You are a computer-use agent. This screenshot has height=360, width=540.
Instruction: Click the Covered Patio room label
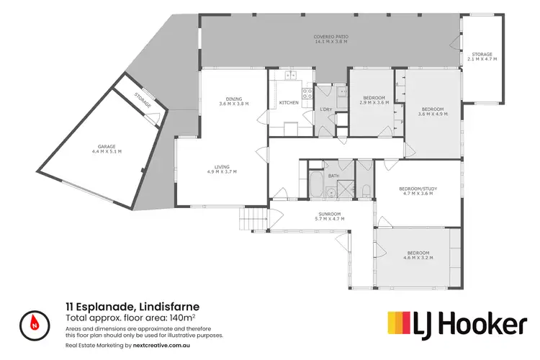(x=330, y=37)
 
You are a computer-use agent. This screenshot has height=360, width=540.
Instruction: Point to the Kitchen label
(x=289, y=103)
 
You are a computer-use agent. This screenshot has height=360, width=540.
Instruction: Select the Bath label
(x=333, y=176)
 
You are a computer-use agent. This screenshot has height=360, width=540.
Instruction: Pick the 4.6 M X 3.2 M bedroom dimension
(x=418, y=257)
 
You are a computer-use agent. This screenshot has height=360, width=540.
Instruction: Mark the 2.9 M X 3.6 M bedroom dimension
(x=374, y=102)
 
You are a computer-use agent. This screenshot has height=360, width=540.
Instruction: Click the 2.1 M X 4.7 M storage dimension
(x=482, y=58)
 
